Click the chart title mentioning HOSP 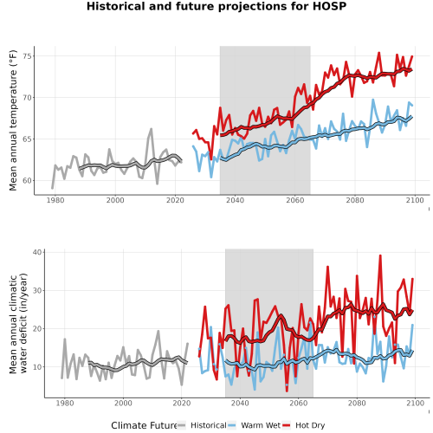coord(216,6)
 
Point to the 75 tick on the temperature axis coord(27,56)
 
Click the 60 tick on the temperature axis coord(27,181)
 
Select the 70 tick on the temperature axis coord(27,98)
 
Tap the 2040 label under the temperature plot coord(235,200)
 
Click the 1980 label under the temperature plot coord(55,200)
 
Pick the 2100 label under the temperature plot coord(415,200)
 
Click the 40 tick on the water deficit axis coord(37,252)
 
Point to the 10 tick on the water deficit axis coord(37,367)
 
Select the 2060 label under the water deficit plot coord(298,403)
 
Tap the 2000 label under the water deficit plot coord(123,403)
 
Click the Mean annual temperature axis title coord(13,120)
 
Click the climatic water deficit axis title coord(18,323)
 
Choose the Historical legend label coord(209,425)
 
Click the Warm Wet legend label coord(261,425)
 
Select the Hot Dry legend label coord(310,425)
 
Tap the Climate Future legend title coord(144,425)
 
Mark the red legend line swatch coord(286,425)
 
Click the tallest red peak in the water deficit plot coord(380,255)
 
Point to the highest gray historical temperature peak coord(152,129)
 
